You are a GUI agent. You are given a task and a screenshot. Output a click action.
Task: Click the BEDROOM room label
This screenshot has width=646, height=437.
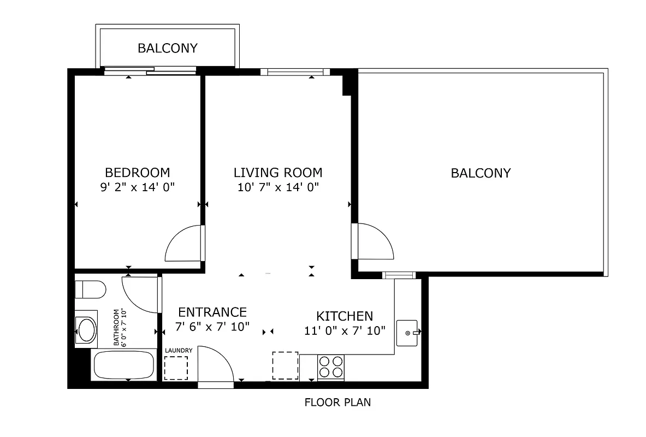(137, 173)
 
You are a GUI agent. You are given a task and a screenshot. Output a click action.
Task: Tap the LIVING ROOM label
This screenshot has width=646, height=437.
(277, 173)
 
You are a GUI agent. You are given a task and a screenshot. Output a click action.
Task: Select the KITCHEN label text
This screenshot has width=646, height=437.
(345, 316)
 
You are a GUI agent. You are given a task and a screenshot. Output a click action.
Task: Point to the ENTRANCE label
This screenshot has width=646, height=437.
(212, 312)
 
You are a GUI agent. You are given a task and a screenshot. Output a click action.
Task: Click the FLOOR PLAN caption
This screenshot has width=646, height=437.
(337, 403)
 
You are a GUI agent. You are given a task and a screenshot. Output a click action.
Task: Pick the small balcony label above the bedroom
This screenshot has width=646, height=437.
(167, 48)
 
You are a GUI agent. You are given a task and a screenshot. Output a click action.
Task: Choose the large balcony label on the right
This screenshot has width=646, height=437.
(481, 173)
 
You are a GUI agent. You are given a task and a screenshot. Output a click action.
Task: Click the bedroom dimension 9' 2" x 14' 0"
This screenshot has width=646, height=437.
(137, 187)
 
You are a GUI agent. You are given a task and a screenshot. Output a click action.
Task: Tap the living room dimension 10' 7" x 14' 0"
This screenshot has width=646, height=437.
(277, 187)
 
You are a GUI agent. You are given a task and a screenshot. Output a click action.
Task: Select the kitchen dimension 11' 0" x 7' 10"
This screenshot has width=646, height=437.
(345, 330)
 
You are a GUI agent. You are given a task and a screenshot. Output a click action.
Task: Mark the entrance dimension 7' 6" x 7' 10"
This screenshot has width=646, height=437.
(212, 327)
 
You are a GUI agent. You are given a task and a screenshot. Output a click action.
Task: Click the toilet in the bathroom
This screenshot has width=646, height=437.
(89, 289)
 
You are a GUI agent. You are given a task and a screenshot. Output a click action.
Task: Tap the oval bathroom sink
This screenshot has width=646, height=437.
(86, 329)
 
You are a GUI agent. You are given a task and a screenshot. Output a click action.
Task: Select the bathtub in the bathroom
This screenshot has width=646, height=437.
(123, 364)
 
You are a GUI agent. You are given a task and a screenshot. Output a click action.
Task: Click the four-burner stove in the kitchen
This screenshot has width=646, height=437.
(330, 367)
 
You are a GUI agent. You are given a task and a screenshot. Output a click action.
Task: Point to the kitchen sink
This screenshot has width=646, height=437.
(407, 333)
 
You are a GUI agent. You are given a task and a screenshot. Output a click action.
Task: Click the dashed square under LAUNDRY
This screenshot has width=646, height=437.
(176, 368)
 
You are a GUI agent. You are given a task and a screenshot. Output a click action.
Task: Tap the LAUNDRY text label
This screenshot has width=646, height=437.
(178, 350)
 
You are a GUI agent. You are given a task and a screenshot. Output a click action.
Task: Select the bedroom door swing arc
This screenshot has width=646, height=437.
(183, 245)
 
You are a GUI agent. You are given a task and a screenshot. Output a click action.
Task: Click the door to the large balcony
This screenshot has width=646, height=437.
(374, 241)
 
